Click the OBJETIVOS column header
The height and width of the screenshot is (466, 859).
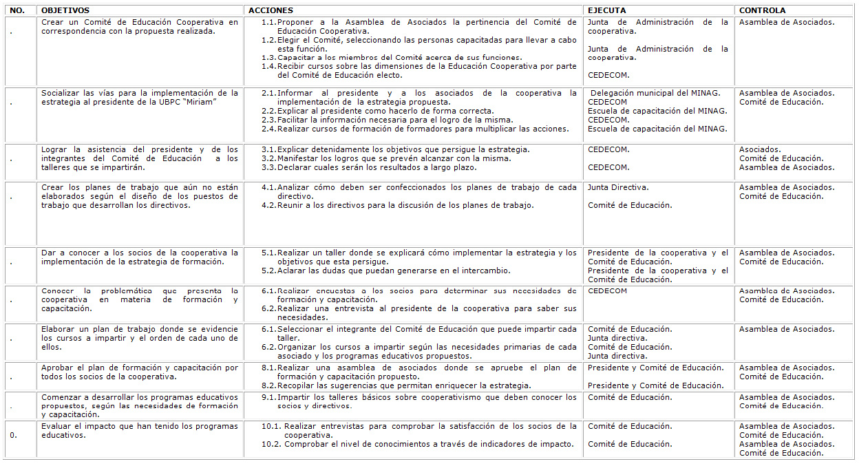pyautogui.click(x=65, y=11)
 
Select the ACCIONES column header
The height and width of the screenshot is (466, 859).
pyautogui.click(x=271, y=11)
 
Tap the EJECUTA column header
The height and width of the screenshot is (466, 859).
pyautogui.click(x=607, y=11)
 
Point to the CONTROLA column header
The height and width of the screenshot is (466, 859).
pyautogui.click(x=762, y=11)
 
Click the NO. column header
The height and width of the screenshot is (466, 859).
pyautogui.click(x=18, y=11)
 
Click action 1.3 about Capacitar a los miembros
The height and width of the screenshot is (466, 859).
pyautogui.click(x=399, y=57)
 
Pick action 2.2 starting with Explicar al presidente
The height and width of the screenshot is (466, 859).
pyautogui.click(x=385, y=111)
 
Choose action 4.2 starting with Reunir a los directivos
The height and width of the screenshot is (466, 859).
pyautogui.click(x=405, y=205)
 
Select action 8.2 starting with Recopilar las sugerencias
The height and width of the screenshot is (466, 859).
pyautogui.click(x=404, y=385)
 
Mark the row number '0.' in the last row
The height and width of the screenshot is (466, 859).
pyautogui.click(x=14, y=435)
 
